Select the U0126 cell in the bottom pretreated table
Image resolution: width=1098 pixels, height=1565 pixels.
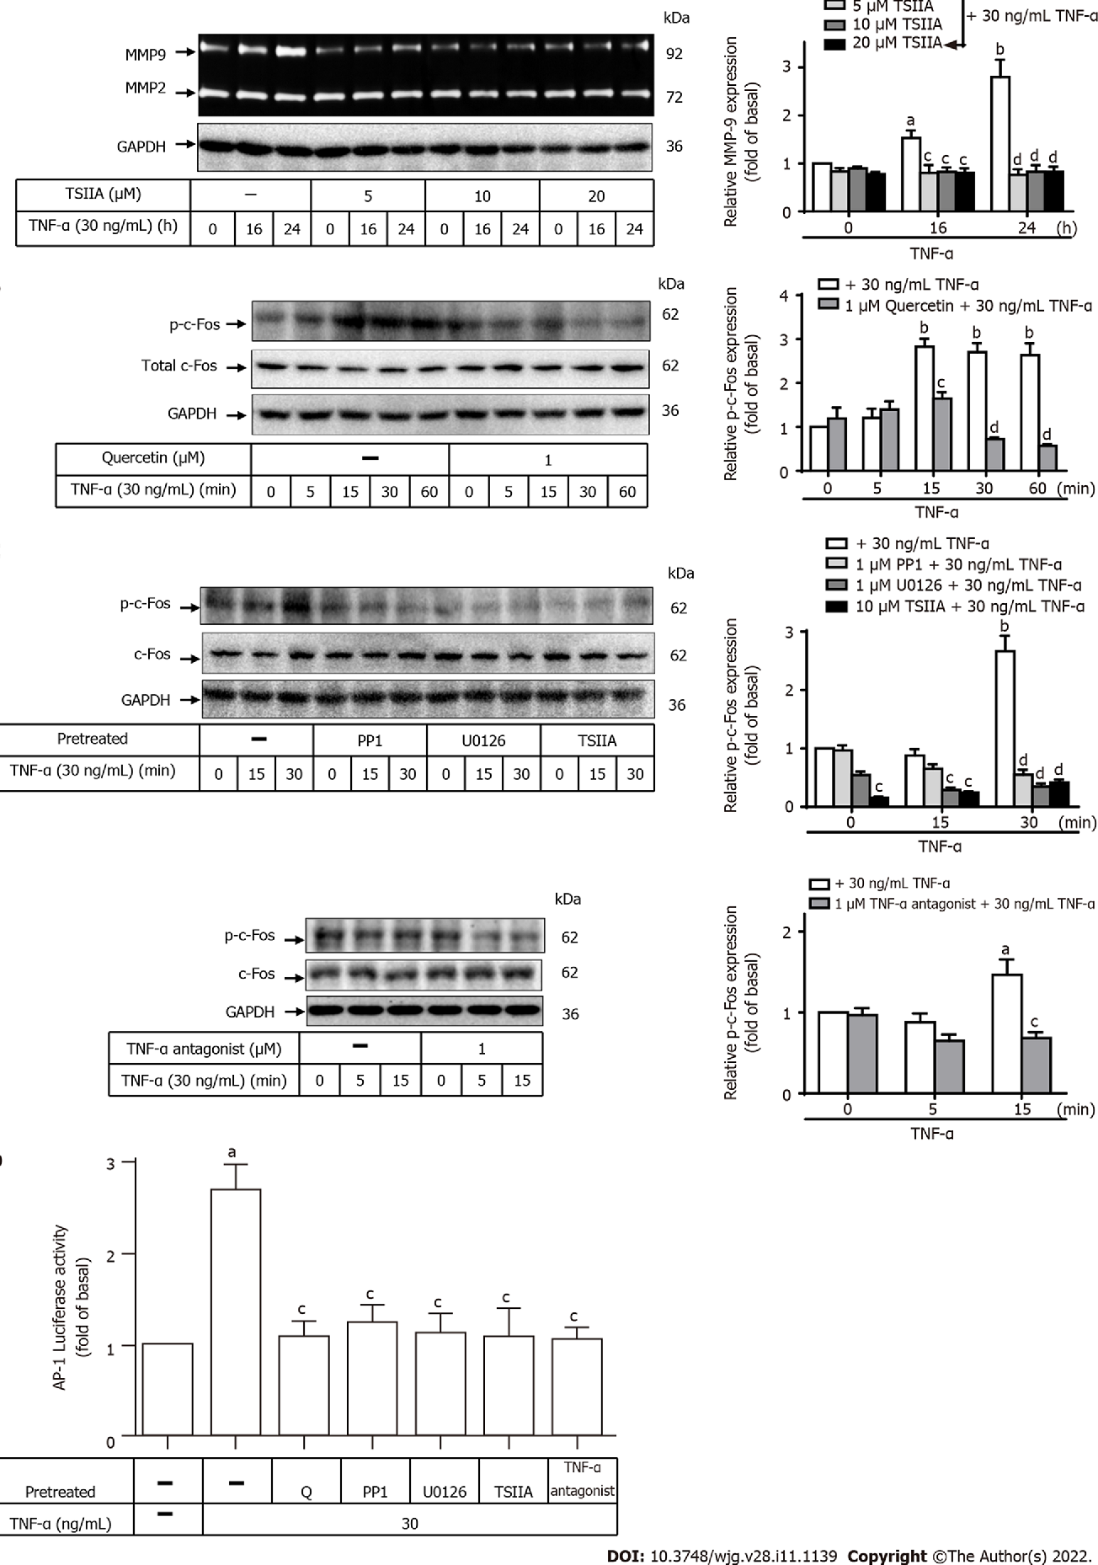pos(444,1491)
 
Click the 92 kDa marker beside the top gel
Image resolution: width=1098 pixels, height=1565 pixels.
pos(674,54)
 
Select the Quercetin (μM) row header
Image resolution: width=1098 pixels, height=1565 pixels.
pos(153,459)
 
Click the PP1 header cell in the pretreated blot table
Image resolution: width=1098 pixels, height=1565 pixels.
pos(370,740)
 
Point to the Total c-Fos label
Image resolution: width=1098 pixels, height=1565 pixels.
pos(179,366)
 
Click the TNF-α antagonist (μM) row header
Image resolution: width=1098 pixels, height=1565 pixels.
pos(204,1049)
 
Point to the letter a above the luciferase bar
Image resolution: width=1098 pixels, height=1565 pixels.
pos(232,1152)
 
